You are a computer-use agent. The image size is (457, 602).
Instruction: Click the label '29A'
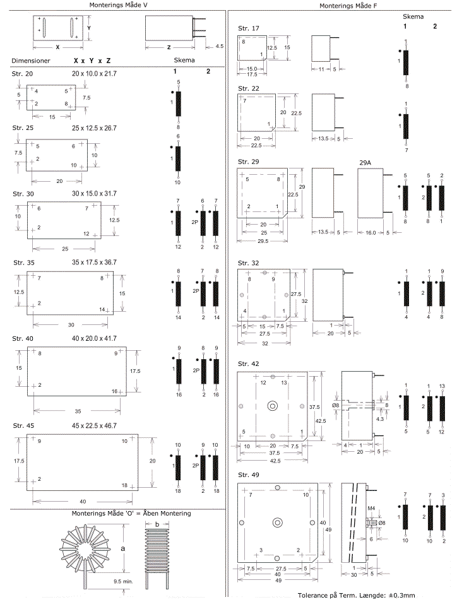pos(365,162)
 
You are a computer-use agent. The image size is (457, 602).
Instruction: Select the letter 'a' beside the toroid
pos(122,548)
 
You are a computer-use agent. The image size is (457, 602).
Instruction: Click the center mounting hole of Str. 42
pos(273,405)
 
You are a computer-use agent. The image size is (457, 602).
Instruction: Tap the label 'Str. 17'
pos(247,29)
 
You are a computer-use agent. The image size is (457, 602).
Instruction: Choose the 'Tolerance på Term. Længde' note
pos(356,595)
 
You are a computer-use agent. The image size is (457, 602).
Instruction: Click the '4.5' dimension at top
pos(219,46)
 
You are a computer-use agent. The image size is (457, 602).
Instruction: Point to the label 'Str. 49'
pos(247,475)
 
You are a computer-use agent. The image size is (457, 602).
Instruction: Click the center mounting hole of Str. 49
pos(277,523)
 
